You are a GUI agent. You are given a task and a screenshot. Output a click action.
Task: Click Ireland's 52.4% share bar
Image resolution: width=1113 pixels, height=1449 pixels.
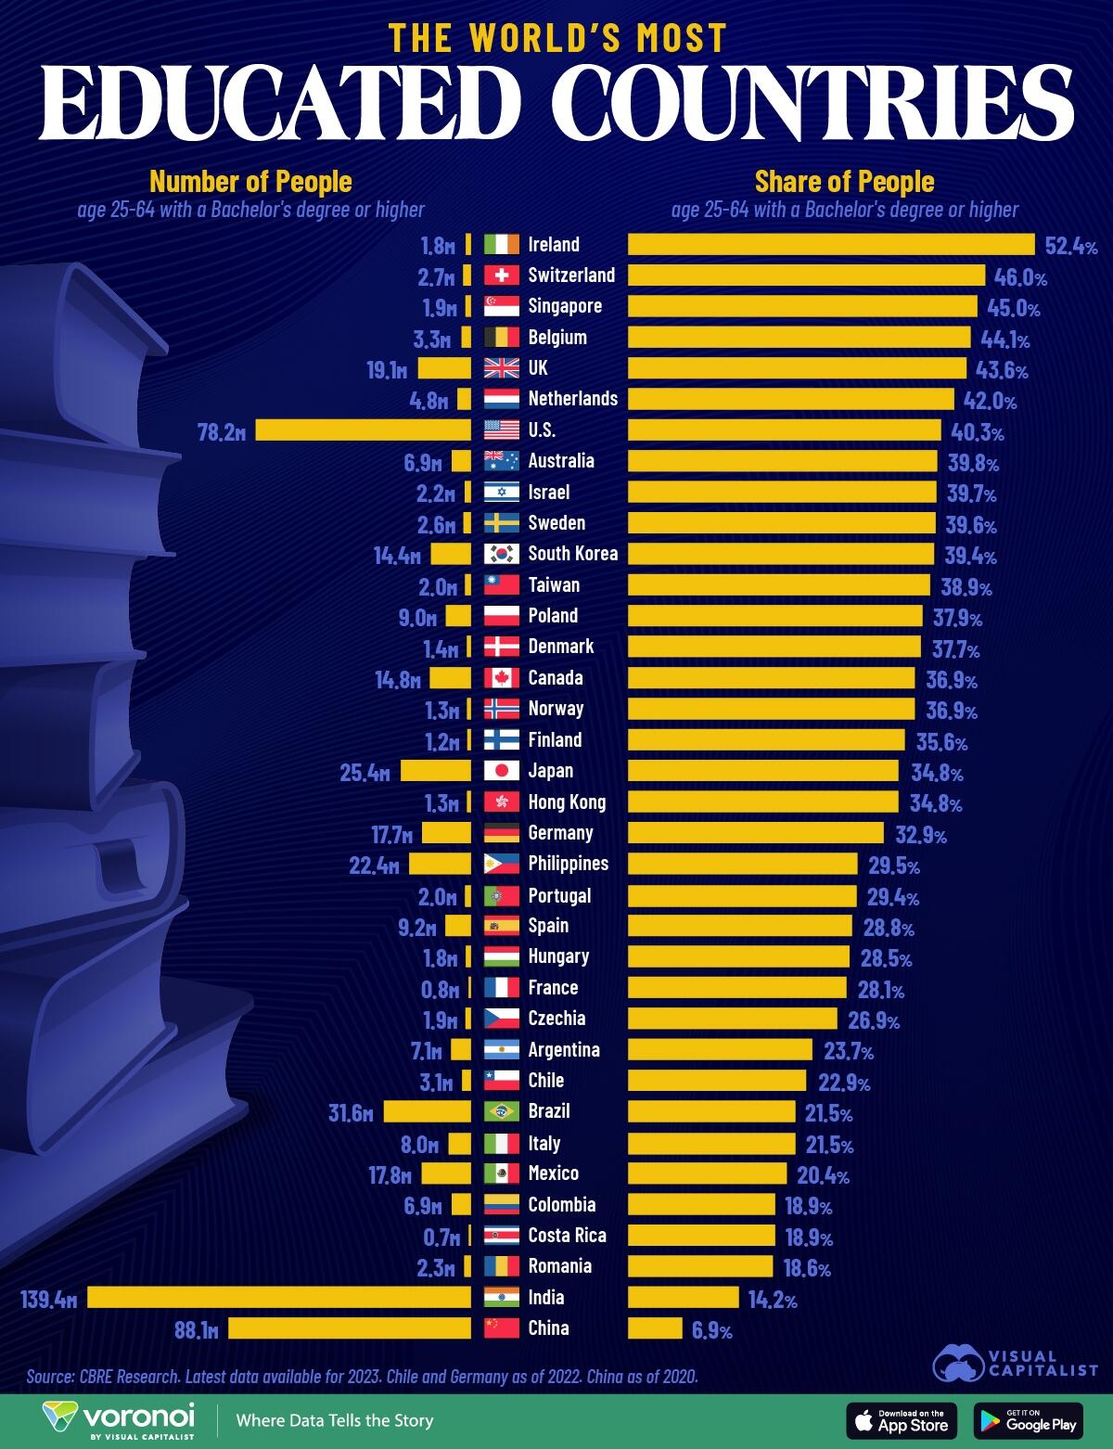coord(831,244)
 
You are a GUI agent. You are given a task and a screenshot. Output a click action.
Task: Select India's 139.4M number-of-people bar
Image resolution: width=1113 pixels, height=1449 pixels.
coord(279,1297)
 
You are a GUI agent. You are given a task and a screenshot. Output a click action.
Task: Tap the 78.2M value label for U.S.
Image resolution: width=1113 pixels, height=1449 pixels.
coord(222,431)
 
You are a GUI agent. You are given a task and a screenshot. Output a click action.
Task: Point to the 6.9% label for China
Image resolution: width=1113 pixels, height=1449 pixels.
coord(711,1330)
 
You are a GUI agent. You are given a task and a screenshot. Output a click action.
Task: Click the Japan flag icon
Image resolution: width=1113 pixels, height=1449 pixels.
coord(502,771)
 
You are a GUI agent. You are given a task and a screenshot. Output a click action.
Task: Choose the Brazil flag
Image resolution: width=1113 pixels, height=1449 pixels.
coord(502,1111)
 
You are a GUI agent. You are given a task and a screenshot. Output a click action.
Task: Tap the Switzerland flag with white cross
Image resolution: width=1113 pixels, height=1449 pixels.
coord(502,276)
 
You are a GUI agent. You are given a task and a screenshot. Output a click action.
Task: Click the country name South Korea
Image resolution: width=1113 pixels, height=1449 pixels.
coord(572,554)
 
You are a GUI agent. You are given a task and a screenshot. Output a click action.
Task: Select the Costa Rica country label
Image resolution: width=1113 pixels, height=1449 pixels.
coord(567,1236)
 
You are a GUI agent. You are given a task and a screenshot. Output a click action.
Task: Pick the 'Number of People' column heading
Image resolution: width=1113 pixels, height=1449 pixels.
coord(250,181)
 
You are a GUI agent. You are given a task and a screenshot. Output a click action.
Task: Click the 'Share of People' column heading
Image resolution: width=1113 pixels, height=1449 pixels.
coord(844,181)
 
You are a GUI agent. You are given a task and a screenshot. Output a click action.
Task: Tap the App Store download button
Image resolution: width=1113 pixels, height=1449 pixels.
coord(902,1420)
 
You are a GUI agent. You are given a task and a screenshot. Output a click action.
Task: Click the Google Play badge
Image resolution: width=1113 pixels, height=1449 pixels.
coord(1028,1420)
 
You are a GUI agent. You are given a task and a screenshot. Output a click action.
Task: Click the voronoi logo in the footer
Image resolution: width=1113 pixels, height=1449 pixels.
coord(119,1419)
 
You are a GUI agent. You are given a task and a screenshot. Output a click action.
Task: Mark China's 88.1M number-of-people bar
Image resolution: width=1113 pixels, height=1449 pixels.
coord(350,1328)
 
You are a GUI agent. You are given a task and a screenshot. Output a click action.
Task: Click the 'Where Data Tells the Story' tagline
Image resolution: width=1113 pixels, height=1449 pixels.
coord(334,1420)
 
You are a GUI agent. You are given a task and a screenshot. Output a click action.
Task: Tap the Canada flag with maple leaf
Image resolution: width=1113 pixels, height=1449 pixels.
coord(502,678)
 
